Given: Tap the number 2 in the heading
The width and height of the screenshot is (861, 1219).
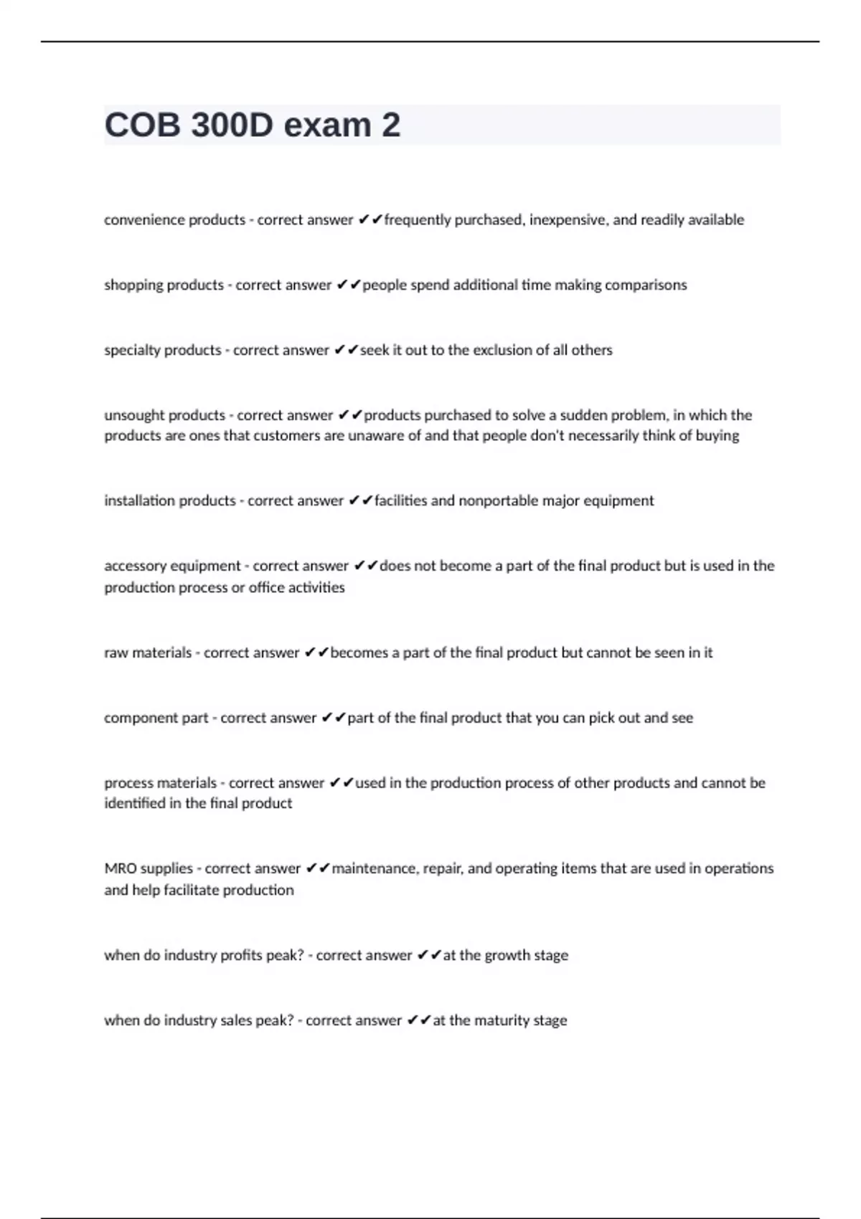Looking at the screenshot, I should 391,125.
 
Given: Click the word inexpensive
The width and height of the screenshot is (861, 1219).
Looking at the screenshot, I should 570,220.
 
